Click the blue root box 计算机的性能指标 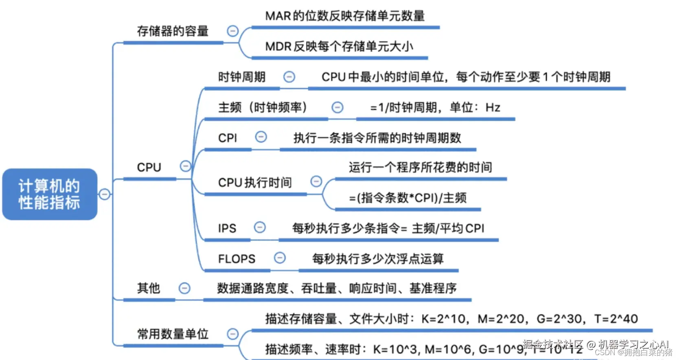[x=50, y=194]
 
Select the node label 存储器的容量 [x=173, y=31]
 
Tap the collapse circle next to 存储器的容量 [x=232, y=31]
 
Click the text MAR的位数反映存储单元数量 [x=345, y=16]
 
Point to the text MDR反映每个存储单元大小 [x=339, y=46]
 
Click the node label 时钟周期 [x=242, y=77]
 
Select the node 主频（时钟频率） [x=263, y=107]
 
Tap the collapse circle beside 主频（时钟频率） [x=337, y=107]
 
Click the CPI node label [x=228, y=138]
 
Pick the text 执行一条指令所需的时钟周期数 [x=377, y=138]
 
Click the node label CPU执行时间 [x=255, y=183]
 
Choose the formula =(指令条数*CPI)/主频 [x=407, y=198]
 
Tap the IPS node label [x=227, y=228]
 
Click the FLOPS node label [x=237, y=259]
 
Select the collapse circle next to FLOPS [x=280, y=258]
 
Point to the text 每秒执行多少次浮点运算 [x=378, y=259]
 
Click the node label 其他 [x=149, y=288]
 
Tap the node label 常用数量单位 [x=173, y=334]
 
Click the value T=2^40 [x=616, y=319]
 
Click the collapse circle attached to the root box [x=105, y=194]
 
